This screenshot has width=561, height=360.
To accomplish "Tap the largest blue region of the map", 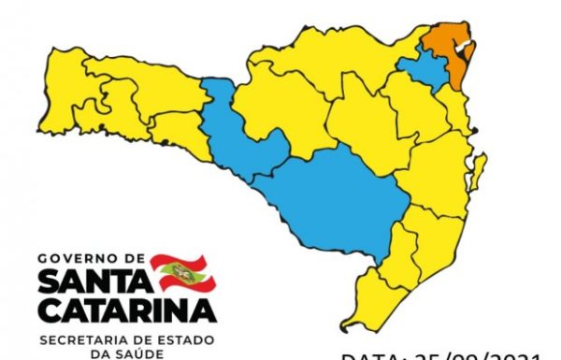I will (337, 201).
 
